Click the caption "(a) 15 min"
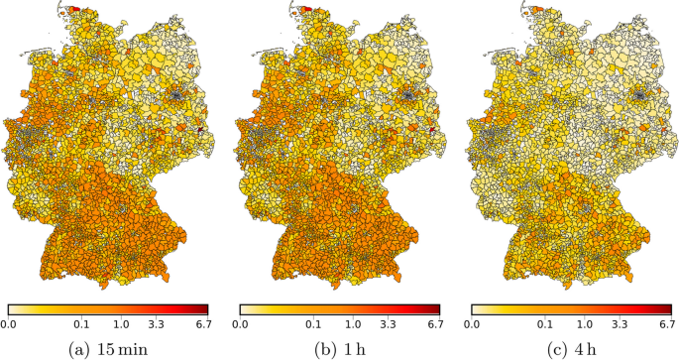(x=108, y=347)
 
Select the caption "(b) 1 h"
(x=338, y=347)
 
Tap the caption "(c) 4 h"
(x=569, y=347)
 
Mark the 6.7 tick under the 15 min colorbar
(x=204, y=323)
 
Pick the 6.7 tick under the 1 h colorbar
(x=434, y=323)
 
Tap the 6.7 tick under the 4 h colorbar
(x=665, y=323)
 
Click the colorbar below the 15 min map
(x=108, y=308)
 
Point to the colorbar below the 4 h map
(x=569, y=308)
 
